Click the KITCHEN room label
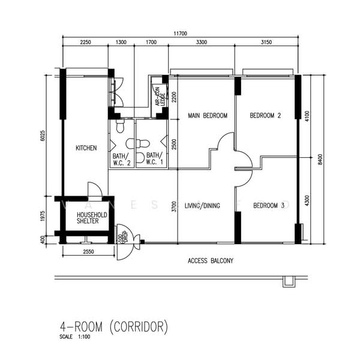(x=86, y=148)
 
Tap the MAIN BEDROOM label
(x=207, y=115)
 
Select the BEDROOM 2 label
(x=265, y=115)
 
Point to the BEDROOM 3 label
(x=268, y=206)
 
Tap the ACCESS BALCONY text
(x=210, y=261)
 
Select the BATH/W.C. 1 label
(x=155, y=159)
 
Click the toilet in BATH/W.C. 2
(x=120, y=127)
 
